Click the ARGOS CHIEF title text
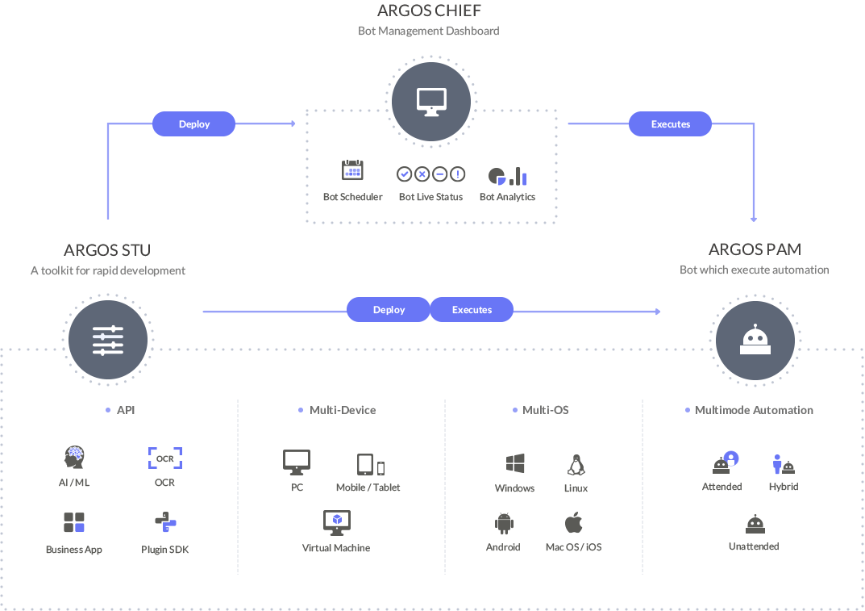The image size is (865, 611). [x=429, y=10]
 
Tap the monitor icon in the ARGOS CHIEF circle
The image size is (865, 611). [x=431, y=103]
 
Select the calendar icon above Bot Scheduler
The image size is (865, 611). [x=352, y=170]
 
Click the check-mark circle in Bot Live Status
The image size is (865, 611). [x=405, y=174]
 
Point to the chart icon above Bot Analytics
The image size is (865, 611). [x=508, y=176]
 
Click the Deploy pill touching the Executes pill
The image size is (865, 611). [x=389, y=310]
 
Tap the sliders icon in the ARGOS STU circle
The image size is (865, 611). [x=108, y=341]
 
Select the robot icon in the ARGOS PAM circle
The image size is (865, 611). [x=755, y=339]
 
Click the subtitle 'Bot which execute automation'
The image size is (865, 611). [x=754, y=270]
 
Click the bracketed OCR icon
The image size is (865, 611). [x=165, y=458]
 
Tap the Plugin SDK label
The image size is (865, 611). [x=165, y=549]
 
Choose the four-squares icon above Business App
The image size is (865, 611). [x=74, y=522]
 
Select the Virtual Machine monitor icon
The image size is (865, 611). [x=337, y=522]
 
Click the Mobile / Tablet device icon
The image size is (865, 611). [x=371, y=465]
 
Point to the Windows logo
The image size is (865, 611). [x=515, y=463]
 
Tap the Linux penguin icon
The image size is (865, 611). [x=576, y=465]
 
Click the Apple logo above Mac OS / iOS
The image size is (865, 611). [x=574, y=522]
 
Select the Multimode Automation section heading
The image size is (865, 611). [x=754, y=410]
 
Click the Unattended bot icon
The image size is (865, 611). [x=755, y=524]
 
